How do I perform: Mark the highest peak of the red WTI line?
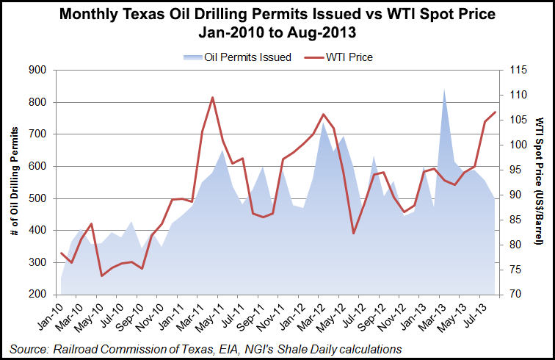click(212, 97)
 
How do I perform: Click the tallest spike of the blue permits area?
click(444, 89)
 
